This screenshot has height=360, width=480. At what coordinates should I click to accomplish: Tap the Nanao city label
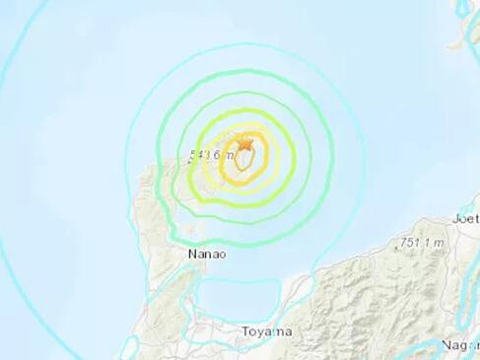coord(206,255)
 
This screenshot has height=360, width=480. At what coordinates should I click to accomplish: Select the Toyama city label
coord(267,332)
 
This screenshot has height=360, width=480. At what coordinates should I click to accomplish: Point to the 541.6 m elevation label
coord(210,153)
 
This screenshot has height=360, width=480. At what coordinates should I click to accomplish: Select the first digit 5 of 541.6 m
coord(193,153)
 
